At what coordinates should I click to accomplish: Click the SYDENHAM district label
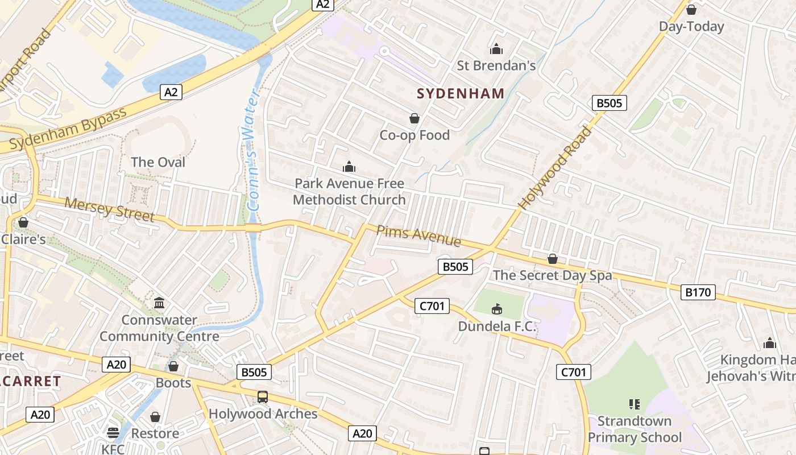click(x=461, y=93)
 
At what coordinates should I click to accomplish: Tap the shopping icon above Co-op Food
click(x=414, y=118)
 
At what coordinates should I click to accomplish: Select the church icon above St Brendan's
click(x=496, y=49)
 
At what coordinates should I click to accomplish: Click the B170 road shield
click(x=698, y=292)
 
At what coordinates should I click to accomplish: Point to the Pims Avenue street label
click(x=418, y=235)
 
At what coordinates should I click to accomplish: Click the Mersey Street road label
click(x=109, y=209)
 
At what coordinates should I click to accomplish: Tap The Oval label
click(x=158, y=162)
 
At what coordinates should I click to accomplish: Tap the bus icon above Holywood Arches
click(x=262, y=397)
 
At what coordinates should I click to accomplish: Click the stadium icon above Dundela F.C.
click(x=497, y=309)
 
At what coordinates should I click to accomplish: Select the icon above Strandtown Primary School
click(x=635, y=404)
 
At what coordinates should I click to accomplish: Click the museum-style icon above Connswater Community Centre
click(x=159, y=303)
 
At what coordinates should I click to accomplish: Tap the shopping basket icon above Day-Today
click(x=691, y=10)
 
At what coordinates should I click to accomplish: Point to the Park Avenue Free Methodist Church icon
click(x=349, y=167)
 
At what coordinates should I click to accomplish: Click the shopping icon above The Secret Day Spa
click(x=552, y=259)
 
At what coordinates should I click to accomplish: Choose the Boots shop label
click(x=173, y=383)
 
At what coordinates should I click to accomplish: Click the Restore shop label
click(x=155, y=433)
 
